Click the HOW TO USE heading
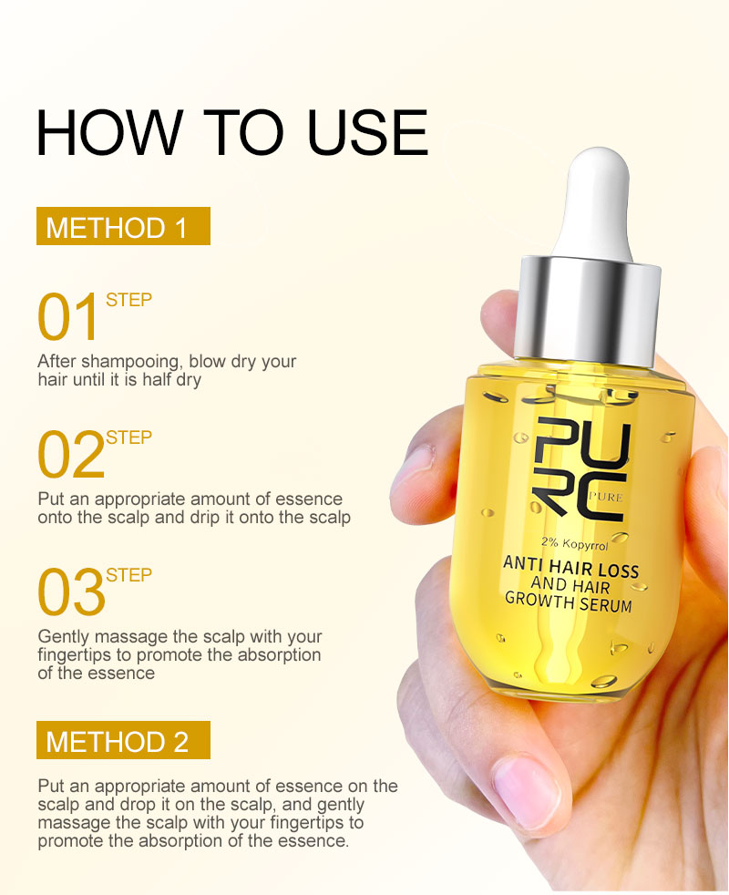pyautogui.click(x=231, y=132)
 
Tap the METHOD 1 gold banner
pyautogui.click(x=123, y=227)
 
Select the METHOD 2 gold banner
pyautogui.click(x=123, y=740)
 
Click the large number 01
pyautogui.click(x=67, y=317)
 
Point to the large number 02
pyautogui.click(x=70, y=456)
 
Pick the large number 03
pyautogui.click(x=70, y=592)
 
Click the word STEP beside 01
pyautogui.click(x=128, y=300)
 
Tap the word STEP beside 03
pyautogui.click(x=128, y=575)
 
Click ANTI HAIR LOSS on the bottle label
pyautogui.click(x=571, y=568)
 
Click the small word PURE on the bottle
pyautogui.click(x=605, y=496)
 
